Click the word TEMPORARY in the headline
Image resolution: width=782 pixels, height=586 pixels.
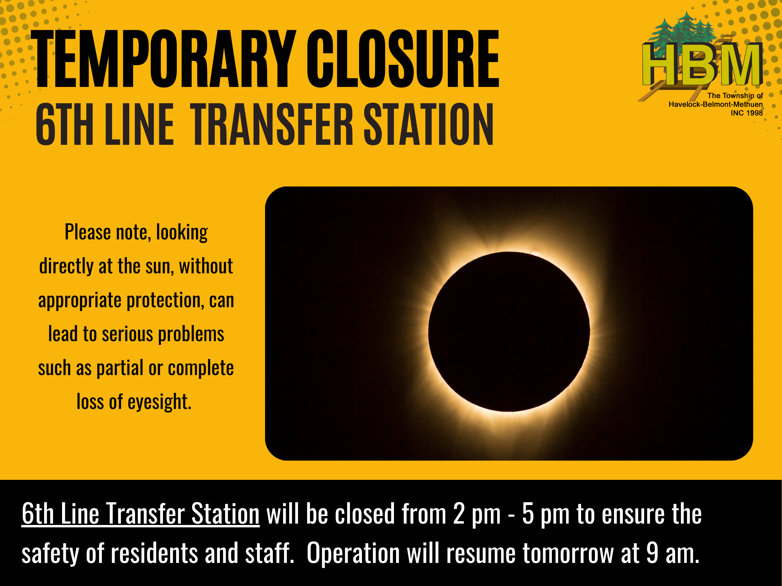164,59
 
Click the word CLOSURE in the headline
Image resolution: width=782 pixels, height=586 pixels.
403,59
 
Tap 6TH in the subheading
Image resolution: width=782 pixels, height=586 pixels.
65,124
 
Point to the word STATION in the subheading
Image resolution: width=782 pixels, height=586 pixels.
428,124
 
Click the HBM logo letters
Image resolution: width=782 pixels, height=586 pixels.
702,64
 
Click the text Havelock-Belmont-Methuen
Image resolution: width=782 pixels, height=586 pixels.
715,104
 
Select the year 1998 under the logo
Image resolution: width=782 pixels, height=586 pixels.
755,113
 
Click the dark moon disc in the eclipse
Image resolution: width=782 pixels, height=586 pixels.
509,332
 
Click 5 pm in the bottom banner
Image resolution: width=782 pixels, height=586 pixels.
546,514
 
